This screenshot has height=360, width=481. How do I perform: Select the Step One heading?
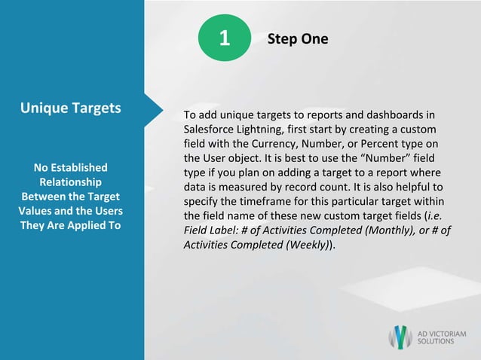click(298, 39)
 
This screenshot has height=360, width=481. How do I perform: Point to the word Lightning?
click(264, 129)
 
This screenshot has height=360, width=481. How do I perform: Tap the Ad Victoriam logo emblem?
click(400, 337)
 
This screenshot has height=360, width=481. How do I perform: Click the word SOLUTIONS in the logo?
click(437, 341)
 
